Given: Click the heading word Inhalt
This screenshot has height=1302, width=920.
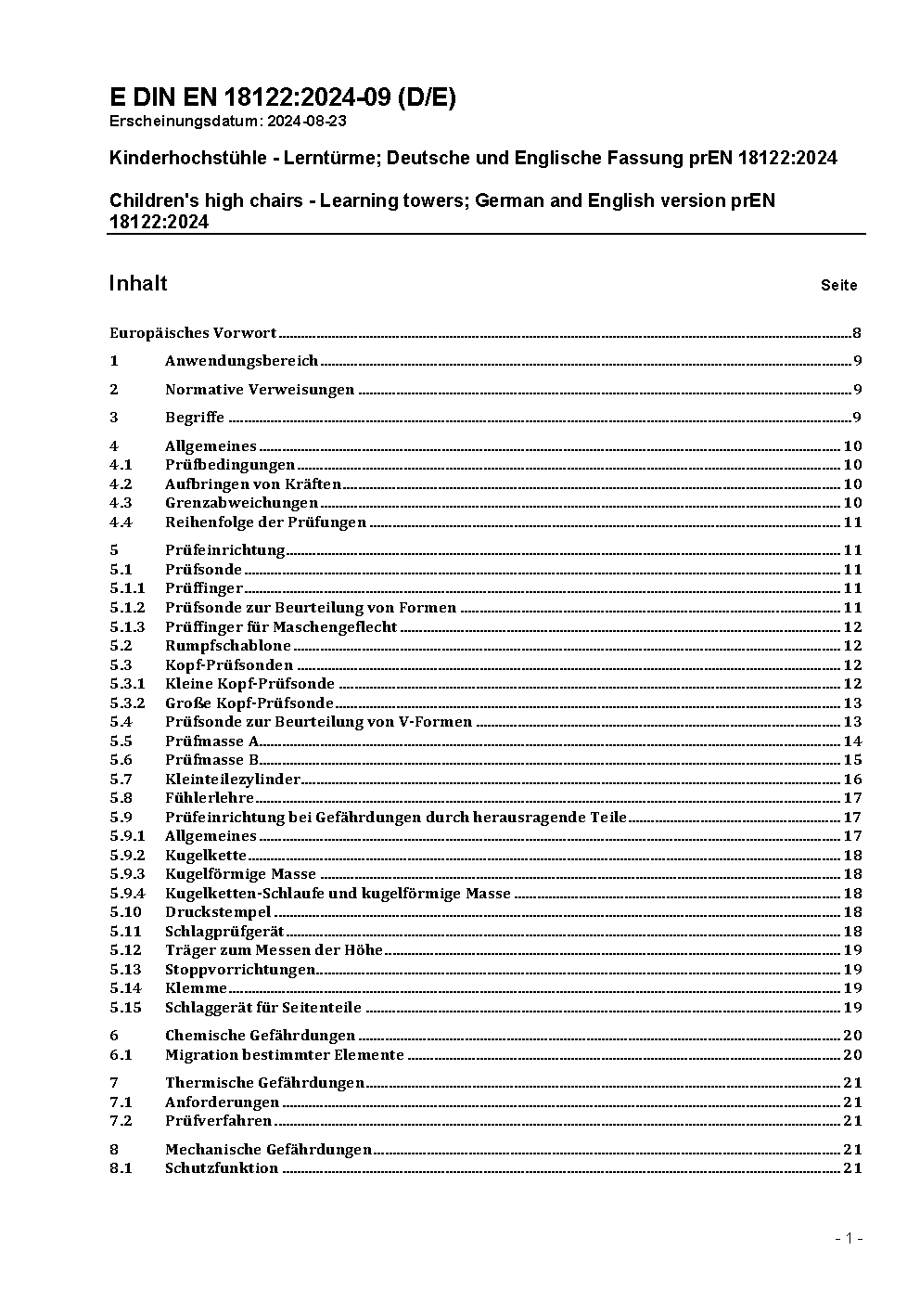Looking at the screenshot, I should [138, 283].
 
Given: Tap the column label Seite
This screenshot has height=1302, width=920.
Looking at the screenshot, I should [838, 286].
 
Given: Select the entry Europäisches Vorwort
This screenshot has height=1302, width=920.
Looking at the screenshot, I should [193, 333].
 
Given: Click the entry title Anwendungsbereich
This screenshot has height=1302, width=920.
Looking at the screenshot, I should [241, 361].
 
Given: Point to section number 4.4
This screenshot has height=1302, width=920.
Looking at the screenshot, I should [121, 522].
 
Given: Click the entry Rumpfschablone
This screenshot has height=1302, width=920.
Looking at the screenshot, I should [228, 646].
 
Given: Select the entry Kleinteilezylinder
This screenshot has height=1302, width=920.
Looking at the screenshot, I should [233, 780].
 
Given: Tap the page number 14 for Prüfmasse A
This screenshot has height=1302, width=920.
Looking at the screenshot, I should [852, 741].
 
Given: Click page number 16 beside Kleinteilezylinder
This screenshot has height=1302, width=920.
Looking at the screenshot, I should [852, 780].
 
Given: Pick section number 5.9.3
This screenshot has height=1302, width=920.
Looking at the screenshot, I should [127, 874].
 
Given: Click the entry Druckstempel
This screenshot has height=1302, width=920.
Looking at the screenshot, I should [218, 912].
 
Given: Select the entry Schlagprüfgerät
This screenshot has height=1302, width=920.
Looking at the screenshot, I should [224, 932].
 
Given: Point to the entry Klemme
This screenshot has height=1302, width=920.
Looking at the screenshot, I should [196, 988].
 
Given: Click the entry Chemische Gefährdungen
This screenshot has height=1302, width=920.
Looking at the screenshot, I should [260, 1036].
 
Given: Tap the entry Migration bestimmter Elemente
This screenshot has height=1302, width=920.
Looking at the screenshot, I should [285, 1055].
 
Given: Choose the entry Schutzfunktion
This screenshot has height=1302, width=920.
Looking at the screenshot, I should [222, 1168].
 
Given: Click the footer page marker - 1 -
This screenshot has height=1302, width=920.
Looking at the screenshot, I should [849, 1238].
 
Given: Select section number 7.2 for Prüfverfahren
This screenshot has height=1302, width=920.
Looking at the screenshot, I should [121, 1121].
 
